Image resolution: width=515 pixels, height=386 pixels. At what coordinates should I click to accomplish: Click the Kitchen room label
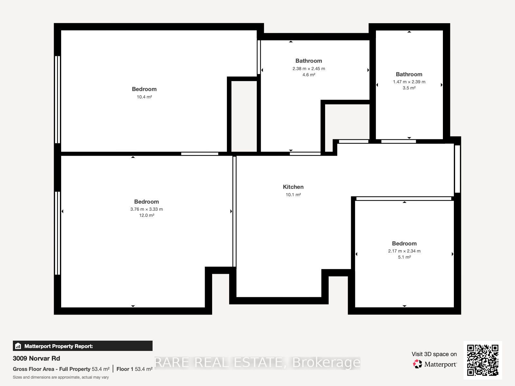[293, 187]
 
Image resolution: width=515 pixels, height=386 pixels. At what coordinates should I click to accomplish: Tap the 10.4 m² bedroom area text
[144, 97]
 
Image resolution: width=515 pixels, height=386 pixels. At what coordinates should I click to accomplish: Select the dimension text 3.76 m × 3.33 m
[146, 209]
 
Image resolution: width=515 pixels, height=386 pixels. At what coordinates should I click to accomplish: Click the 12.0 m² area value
[146, 215]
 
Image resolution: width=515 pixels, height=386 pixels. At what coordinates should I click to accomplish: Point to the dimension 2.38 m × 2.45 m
[309, 69]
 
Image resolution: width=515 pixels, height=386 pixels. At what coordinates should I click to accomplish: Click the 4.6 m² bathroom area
[309, 75]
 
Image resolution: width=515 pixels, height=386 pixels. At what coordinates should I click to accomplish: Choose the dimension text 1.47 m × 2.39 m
[409, 82]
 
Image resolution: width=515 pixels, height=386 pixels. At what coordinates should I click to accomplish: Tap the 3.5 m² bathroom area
[409, 88]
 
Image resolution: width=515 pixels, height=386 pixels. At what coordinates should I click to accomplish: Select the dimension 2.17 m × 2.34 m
[404, 251]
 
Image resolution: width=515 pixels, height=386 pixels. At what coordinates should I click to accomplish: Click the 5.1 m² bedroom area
[404, 257]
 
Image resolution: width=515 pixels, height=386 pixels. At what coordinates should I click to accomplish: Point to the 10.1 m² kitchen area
[293, 195]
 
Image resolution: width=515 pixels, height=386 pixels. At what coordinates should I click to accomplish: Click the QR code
[482, 360]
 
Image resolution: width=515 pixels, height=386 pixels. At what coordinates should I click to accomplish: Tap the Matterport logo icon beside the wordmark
[417, 364]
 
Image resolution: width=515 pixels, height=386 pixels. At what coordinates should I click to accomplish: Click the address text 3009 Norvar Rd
[36, 358]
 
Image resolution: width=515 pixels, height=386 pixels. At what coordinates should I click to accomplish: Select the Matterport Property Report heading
[59, 346]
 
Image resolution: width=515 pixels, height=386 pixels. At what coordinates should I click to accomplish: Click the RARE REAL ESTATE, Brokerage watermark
[257, 363]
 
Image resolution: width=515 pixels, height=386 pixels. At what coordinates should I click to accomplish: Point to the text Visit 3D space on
[434, 354]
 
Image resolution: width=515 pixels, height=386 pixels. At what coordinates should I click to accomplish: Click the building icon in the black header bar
[18, 346]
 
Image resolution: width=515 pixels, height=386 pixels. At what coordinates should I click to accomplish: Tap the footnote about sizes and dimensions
[61, 377]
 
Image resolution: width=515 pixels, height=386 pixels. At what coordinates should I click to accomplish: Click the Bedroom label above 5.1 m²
[404, 244]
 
